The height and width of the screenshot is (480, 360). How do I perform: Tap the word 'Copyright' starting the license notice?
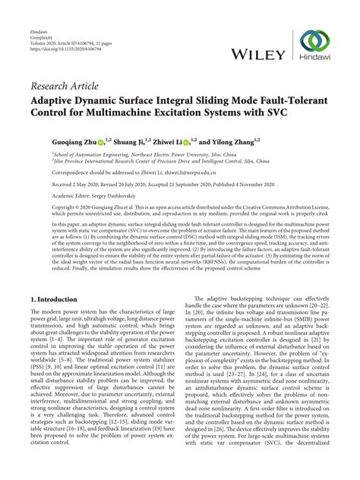(44, 206)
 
